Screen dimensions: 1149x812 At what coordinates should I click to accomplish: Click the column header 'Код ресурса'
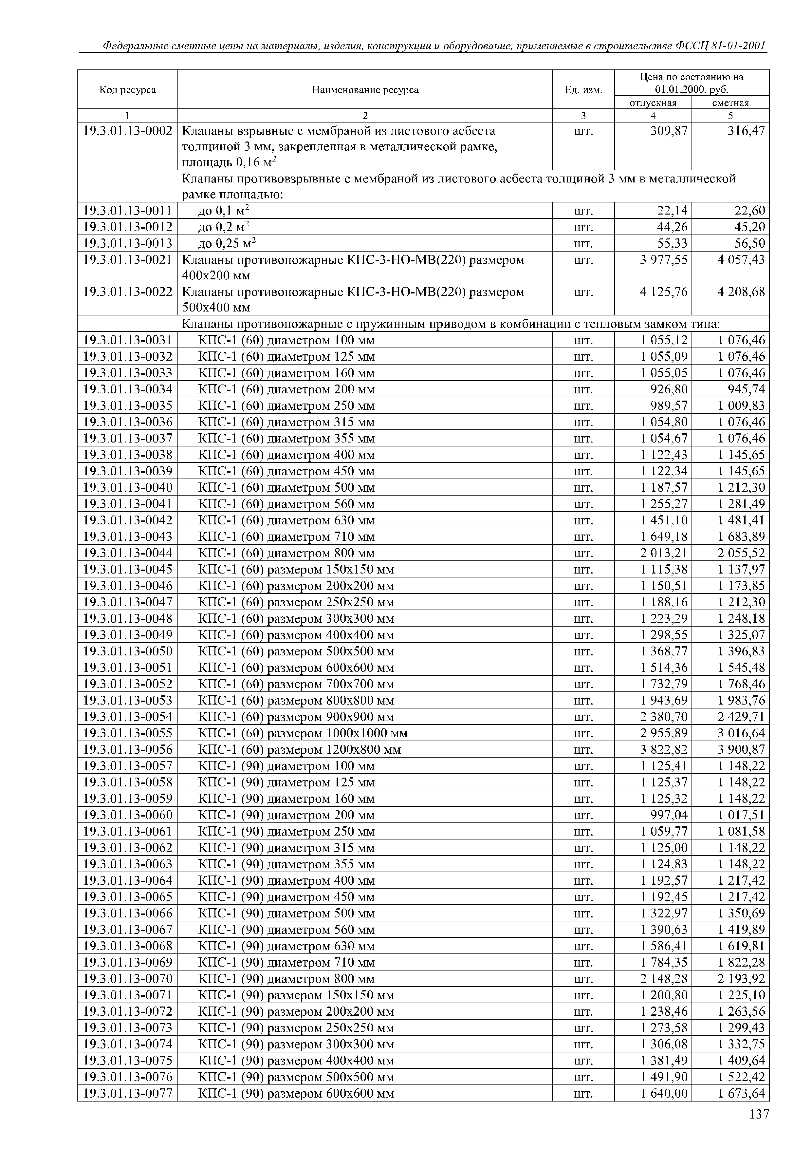(128, 89)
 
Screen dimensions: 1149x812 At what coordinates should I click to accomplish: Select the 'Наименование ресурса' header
(365, 89)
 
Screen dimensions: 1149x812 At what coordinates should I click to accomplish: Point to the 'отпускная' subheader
(653, 103)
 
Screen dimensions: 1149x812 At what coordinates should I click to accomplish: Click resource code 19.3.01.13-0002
(128, 131)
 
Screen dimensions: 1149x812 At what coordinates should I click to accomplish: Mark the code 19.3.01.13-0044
(128, 553)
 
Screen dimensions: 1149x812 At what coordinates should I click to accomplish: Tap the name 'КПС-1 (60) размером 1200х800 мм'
(300, 750)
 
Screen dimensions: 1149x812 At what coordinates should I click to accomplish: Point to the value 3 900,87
(741, 750)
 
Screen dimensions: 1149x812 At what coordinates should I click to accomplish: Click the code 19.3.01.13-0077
(128, 1093)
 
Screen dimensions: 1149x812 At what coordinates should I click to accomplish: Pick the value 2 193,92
(741, 979)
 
